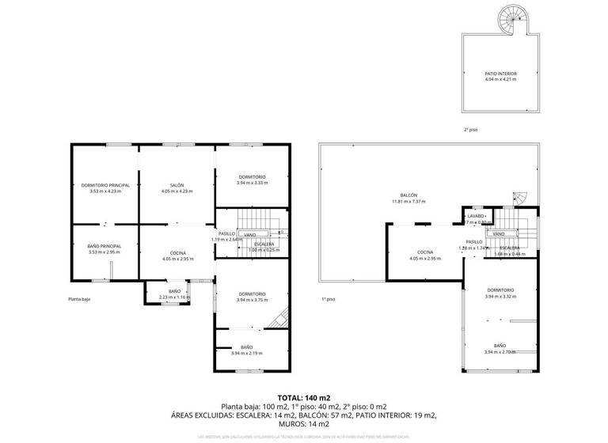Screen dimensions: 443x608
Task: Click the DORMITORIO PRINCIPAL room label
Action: pos(104,185)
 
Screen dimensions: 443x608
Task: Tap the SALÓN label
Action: pos(177,185)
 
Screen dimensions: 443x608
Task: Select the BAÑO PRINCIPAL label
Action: pos(104,246)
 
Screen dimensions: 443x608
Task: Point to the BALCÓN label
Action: pos(408,195)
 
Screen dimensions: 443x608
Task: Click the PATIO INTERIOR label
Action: pos(500,74)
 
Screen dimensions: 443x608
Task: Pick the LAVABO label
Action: pos(475,216)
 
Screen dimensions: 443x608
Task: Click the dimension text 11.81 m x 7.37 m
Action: pos(408,202)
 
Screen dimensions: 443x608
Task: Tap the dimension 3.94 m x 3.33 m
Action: pos(252,183)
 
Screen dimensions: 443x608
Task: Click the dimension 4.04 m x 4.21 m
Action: pos(500,80)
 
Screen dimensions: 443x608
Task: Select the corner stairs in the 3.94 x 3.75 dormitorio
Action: pos(277,319)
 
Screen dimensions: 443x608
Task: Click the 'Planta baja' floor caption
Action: pos(79,299)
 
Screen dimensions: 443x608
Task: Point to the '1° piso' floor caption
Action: pos(329,299)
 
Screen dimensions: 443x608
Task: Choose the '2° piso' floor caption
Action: pos(471,130)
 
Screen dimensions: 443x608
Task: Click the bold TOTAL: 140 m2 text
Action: pos(304,398)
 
